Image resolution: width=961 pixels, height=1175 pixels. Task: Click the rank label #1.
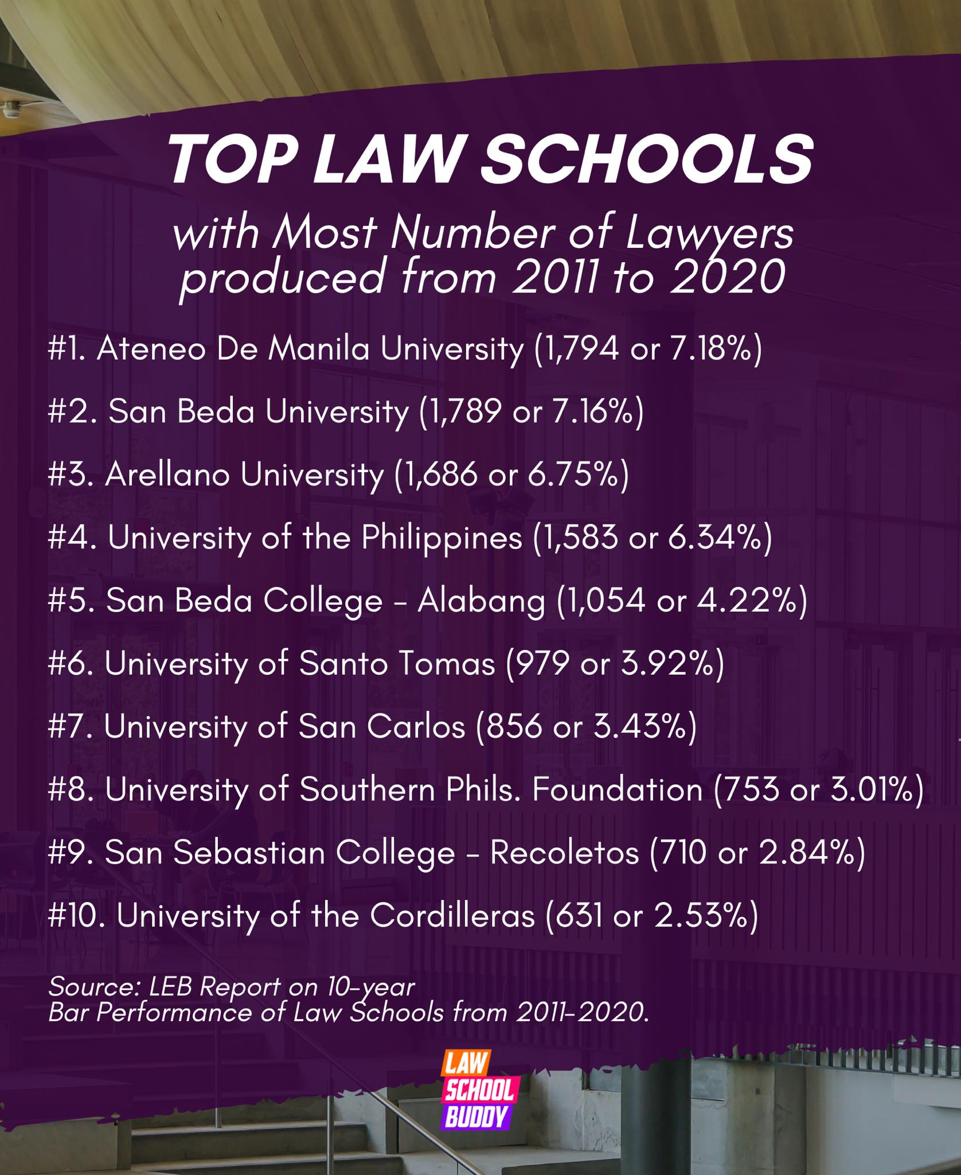(67, 349)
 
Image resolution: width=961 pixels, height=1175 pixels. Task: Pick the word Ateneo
(151, 349)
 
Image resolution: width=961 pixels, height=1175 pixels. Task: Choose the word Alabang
(482, 602)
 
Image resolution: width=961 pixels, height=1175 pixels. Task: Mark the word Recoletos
(564, 853)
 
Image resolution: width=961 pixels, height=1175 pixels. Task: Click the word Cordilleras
(452, 916)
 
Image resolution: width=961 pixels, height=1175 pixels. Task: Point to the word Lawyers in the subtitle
(709, 235)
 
